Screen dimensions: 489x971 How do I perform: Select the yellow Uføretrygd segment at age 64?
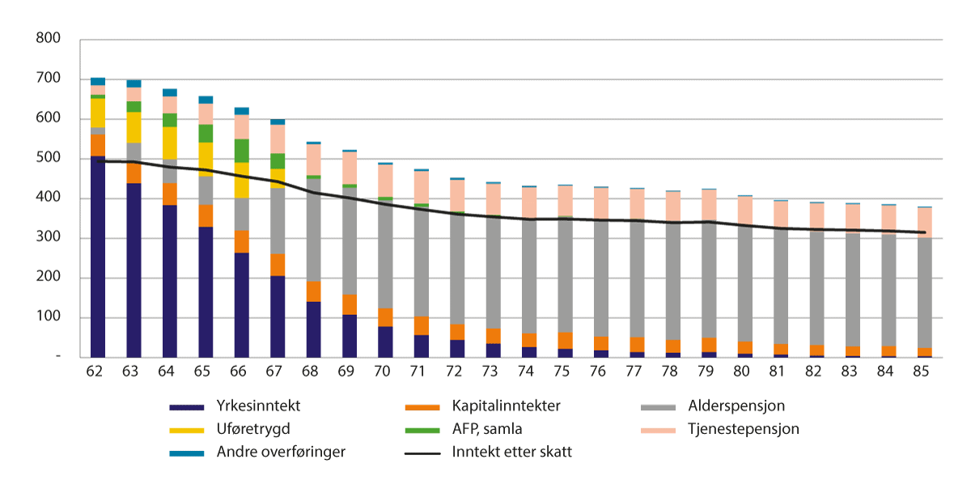click(x=170, y=142)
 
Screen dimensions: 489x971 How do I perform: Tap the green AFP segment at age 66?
click(x=242, y=151)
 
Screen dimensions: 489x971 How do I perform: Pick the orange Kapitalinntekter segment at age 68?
click(x=314, y=291)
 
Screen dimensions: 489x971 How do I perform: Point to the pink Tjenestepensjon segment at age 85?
click(x=924, y=223)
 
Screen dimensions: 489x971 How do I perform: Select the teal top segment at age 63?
click(x=134, y=83)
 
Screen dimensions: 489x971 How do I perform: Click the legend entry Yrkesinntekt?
click(x=253, y=406)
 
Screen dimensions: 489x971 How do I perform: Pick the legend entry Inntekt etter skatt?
click(x=511, y=452)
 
